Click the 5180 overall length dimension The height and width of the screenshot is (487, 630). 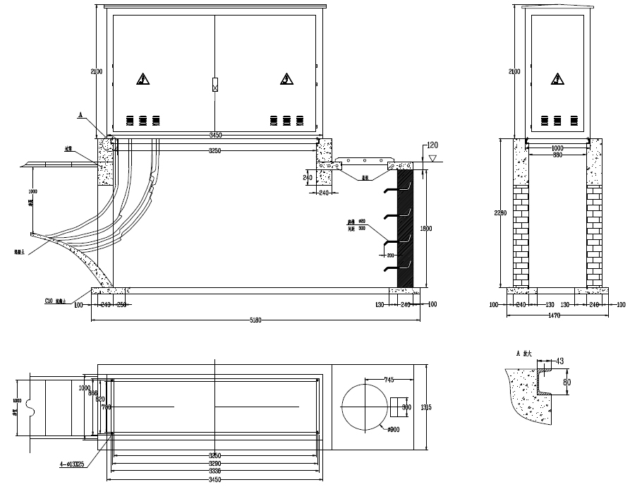pos(255,319)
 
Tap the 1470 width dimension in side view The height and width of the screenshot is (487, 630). pos(554,315)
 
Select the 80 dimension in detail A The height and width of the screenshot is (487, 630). pos(566,382)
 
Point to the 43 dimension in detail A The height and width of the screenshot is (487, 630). pos(559,361)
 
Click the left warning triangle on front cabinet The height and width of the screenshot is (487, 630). pos(143,78)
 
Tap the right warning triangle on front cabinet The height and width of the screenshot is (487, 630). pos(286,78)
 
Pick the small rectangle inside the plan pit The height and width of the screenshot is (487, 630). pos(399,407)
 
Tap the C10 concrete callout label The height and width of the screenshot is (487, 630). pos(56,301)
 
